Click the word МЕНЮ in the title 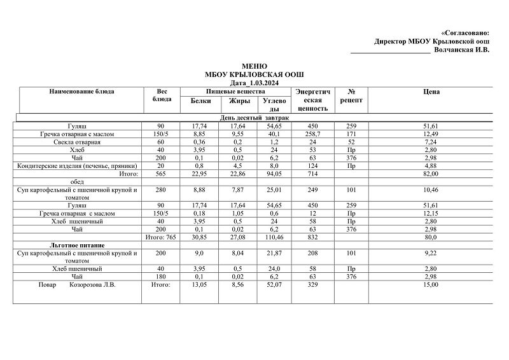click(254, 66)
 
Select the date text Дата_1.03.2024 click(254, 83)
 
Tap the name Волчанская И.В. click(462, 50)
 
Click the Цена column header click(431, 92)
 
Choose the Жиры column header click(239, 100)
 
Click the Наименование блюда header click(81, 92)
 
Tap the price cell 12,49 click(431, 134)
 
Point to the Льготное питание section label click(78, 245)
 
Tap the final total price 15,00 click(431, 284)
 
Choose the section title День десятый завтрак click(254, 118)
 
